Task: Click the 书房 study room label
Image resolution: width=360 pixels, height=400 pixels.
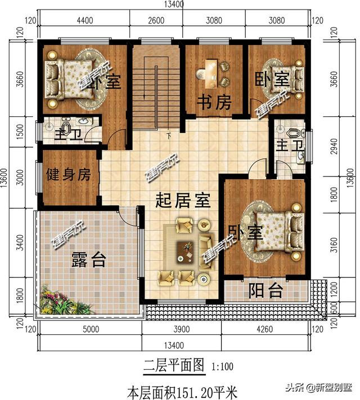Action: tap(214, 102)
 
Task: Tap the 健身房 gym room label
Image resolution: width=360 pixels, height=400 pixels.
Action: tap(68, 174)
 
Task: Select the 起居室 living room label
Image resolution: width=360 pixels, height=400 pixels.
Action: tap(183, 199)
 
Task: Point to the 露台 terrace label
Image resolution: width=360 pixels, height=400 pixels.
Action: tap(89, 260)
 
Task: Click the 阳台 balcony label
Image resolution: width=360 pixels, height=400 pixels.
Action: tap(266, 291)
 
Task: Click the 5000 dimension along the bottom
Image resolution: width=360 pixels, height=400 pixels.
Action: tap(90, 330)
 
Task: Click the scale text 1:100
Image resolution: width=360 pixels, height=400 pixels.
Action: tap(222, 367)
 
